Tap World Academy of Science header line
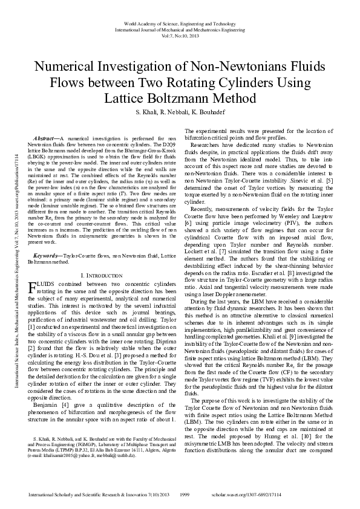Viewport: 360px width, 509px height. (180, 22)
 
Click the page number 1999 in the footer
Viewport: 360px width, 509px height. (186, 494)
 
